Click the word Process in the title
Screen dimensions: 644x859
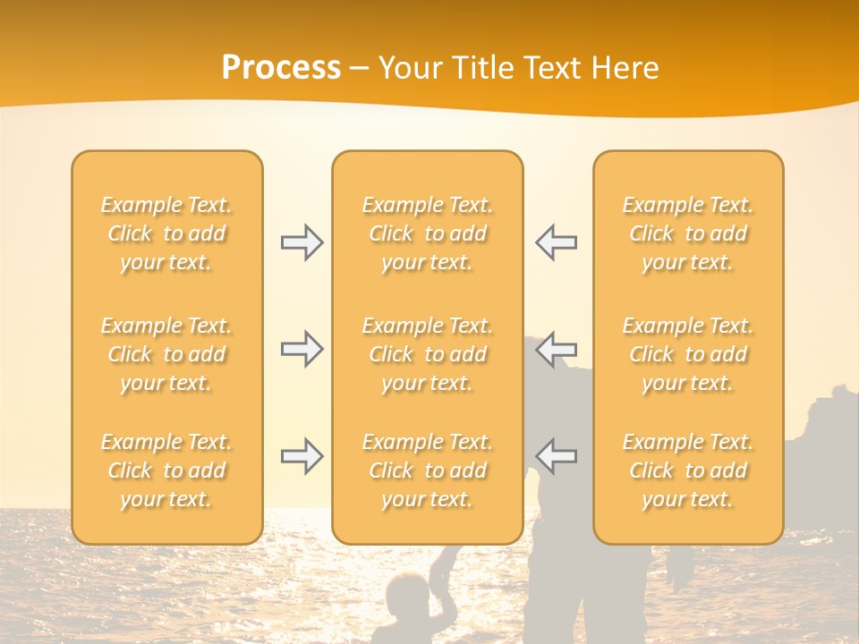[x=281, y=68]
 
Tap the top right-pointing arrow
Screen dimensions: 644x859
[x=302, y=242]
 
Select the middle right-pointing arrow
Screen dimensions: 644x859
[x=302, y=349]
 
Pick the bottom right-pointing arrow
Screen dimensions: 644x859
[x=302, y=456]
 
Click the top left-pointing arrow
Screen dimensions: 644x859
[x=556, y=242]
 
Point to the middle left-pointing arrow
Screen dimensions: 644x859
[x=556, y=349]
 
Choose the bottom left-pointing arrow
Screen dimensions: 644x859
[x=556, y=456]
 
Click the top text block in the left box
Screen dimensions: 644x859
[x=166, y=233]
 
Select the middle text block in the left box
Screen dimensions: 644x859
[x=166, y=354]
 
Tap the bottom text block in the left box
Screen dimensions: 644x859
[x=166, y=470]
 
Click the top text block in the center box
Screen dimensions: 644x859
[x=428, y=233]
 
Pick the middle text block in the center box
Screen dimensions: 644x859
[x=428, y=354]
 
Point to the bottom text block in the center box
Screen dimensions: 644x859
[x=428, y=470]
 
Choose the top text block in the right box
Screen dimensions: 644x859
[x=688, y=233]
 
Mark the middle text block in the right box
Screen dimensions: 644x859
[x=688, y=354]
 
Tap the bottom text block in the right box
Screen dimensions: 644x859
[x=688, y=470]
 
